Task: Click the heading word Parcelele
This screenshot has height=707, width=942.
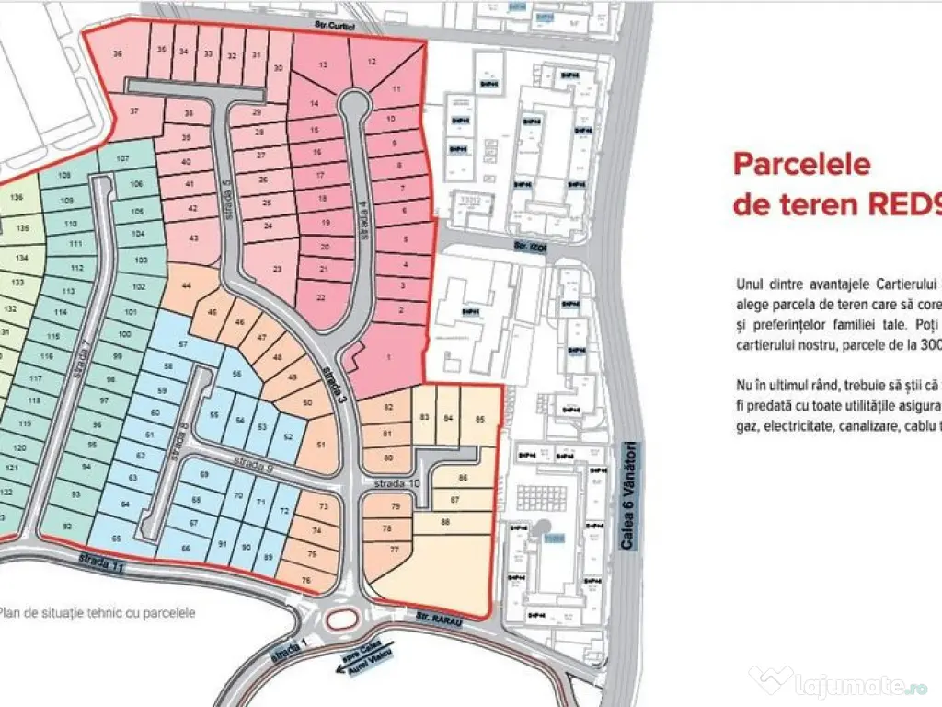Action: click(801, 164)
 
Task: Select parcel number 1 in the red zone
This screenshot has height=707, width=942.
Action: click(388, 357)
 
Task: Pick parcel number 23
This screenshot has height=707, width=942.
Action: click(277, 269)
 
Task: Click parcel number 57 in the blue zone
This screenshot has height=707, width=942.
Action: click(183, 343)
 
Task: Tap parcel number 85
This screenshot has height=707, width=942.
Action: click(478, 418)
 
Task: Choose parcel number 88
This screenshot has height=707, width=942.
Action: click(445, 523)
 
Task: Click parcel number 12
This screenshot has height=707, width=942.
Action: click(371, 62)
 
